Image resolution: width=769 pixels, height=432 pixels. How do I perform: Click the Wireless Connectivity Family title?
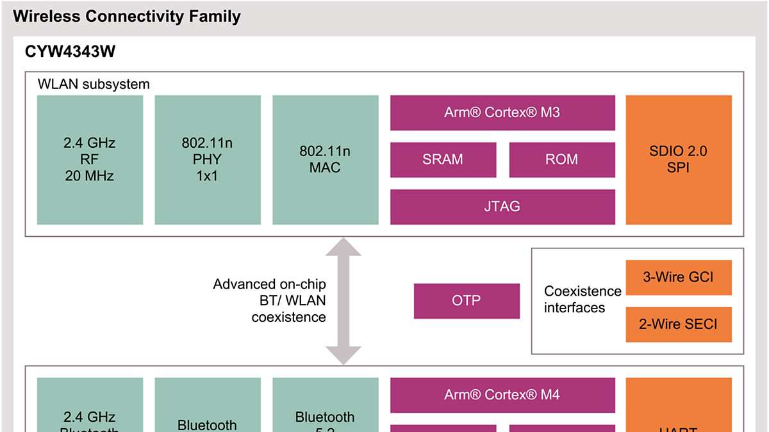[x=127, y=17]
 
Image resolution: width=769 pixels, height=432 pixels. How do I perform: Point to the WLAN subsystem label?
[x=94, y=84]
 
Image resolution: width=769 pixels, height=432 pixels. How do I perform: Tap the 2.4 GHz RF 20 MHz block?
[x=90, y=159]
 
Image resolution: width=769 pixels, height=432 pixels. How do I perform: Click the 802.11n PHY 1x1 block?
[x=208, y=159]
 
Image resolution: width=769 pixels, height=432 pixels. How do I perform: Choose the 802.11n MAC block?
[x=325, y=159]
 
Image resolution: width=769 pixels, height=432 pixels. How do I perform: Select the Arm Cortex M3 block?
[x=502, y=113]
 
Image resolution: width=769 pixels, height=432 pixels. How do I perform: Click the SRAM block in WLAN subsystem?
[x=443, y=159]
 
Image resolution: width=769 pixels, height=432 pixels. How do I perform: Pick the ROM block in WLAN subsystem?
[x=562, y=159]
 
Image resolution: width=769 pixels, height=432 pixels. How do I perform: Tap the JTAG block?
[x=502, y=207]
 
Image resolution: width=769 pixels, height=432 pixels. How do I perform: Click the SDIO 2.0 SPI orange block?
[x=679, y=159]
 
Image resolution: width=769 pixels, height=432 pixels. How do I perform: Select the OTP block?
[x=467, y=301]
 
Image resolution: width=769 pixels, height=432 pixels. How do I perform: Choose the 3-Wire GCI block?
[x=679, y=277]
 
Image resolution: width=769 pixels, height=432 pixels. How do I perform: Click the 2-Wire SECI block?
[x=679, y=324]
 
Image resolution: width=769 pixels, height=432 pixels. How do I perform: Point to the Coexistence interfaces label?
[x=583, y=300]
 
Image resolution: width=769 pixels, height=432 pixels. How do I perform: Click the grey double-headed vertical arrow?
[x=343, y=301]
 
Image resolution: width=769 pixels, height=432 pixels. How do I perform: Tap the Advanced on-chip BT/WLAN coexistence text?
[x=270, y=300]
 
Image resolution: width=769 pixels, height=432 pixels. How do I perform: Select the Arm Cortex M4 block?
[x=502, y=395]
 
